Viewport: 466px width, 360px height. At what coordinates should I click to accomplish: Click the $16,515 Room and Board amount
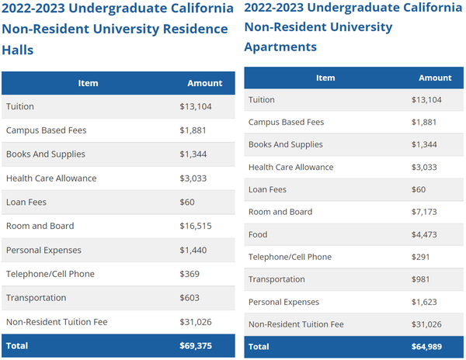click(x=196, y=226)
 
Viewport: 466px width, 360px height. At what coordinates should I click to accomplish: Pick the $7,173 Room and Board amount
click(x=425, y=212)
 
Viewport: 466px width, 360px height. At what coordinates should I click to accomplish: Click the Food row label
click(x=258, y=234)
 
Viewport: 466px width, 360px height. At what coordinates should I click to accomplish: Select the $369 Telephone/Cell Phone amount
click(x=190, y=274)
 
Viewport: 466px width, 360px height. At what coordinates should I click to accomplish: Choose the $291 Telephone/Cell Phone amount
click(x=420, y=257)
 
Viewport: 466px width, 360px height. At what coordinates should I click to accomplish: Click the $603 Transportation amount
click(x=190, y=298)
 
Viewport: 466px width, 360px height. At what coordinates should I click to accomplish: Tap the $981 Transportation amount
click(x=420, y=279)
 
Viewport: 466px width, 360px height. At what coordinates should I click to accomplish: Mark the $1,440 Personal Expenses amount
click(x=194, y=250)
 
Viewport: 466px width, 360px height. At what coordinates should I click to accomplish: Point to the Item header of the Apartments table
click(x=325, y=78)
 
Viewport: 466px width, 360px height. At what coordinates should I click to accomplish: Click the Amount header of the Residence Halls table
click(x=205, y=83)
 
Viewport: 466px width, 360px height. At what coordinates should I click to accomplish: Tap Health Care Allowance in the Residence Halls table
click(x=51, y=178)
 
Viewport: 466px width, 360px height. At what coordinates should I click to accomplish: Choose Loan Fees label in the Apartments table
click(x=268, y=189)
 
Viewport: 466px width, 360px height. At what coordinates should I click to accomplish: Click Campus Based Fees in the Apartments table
click(x=286, y=122)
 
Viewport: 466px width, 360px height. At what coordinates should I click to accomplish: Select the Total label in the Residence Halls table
click(x=16, y=345)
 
